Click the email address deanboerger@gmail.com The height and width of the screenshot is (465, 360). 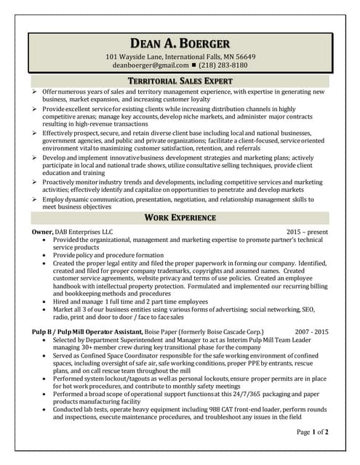point(148,65)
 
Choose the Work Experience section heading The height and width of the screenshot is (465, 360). point(180,217)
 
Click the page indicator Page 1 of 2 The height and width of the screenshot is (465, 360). point(312,432)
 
